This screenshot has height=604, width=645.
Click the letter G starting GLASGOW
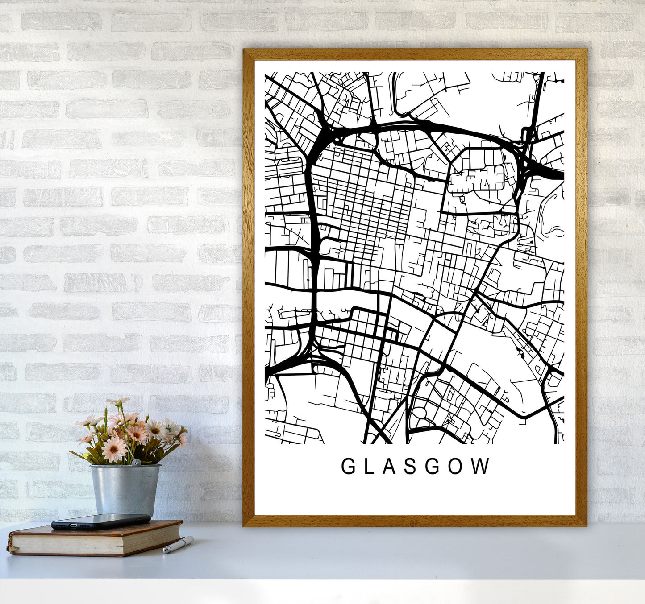point(348,467)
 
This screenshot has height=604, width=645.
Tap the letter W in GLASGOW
point(481,467)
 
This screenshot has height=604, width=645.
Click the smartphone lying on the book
point(100,521)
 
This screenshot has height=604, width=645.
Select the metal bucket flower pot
point(125,489)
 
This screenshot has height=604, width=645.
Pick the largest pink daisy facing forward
point(114,449)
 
